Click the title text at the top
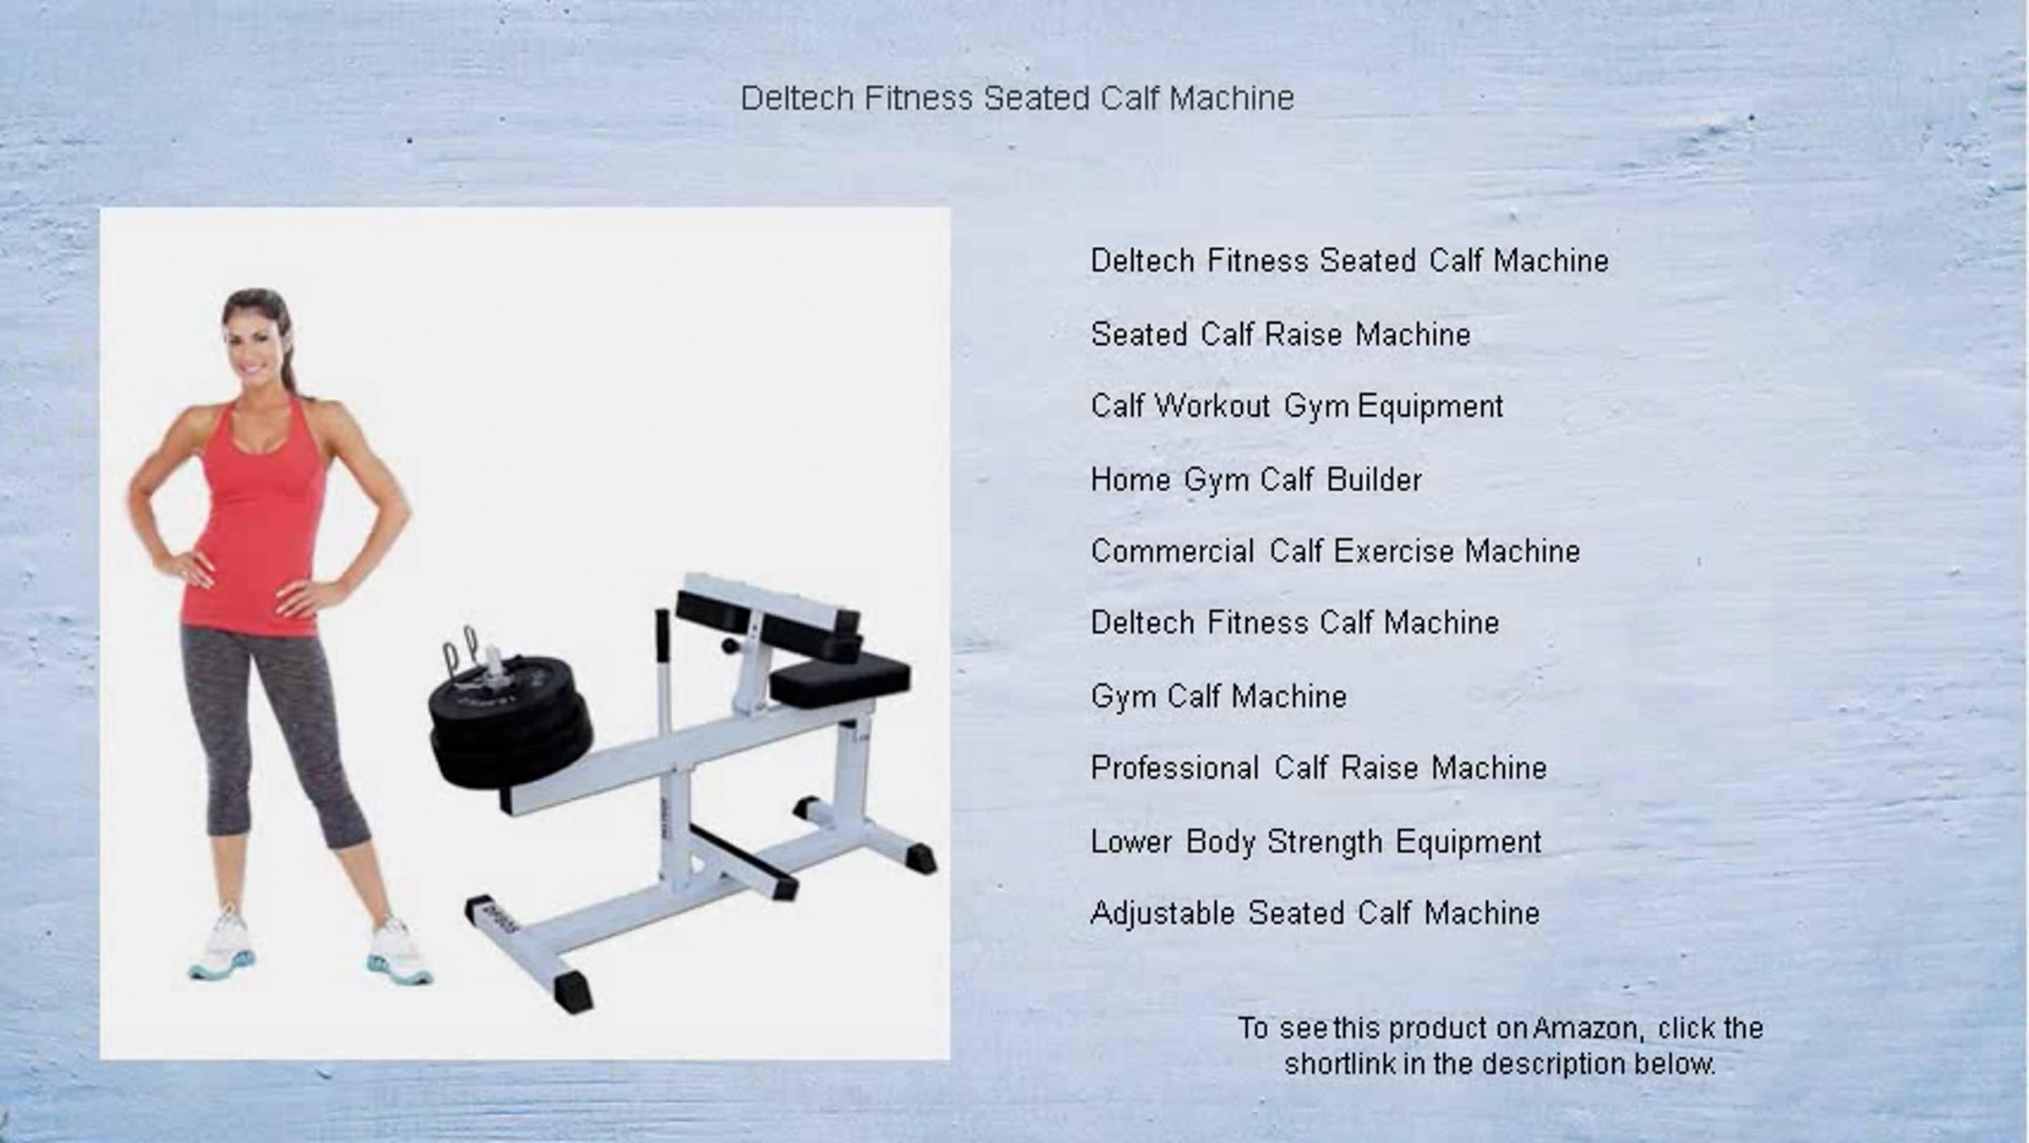(x=1017, y=98)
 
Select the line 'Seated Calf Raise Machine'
(x=1281, y=334)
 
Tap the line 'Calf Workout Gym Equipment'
(x=1297, y=407)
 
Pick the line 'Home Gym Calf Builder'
(x=1256, y=480)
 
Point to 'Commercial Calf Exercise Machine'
(x=1336, y=551)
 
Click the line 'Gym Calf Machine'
(x=1218, y=697)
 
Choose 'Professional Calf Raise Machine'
(x=1319, y=768)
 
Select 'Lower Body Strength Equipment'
(x=1316, y=842)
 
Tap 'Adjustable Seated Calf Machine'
(x=1315, y=913)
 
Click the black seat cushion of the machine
(x=839, y=680)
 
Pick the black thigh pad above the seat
(x=768, y=624)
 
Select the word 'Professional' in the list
(x=1174, y=768)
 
